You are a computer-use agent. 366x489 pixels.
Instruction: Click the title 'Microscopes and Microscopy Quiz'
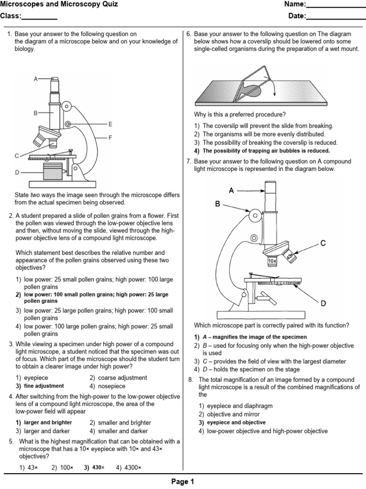(x=59, y=5)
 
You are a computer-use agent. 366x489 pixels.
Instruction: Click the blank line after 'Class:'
(x=40, y=18)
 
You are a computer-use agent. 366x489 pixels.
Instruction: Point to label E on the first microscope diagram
(x=110, y=124)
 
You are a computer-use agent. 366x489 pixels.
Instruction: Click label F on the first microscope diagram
(x=110, y=138)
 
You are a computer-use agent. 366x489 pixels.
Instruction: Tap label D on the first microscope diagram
(x=17, y=172)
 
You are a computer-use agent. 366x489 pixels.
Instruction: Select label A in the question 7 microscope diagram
(x=231, y=191)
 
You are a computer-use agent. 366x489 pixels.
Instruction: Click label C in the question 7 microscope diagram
(x=323, y=243)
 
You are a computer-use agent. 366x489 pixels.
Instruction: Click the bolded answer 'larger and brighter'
(x=48, y=423)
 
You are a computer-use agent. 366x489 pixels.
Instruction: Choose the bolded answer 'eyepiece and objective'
(x=233, y=423)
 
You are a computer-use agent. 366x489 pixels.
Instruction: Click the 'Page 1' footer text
(x=183, y=482)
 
